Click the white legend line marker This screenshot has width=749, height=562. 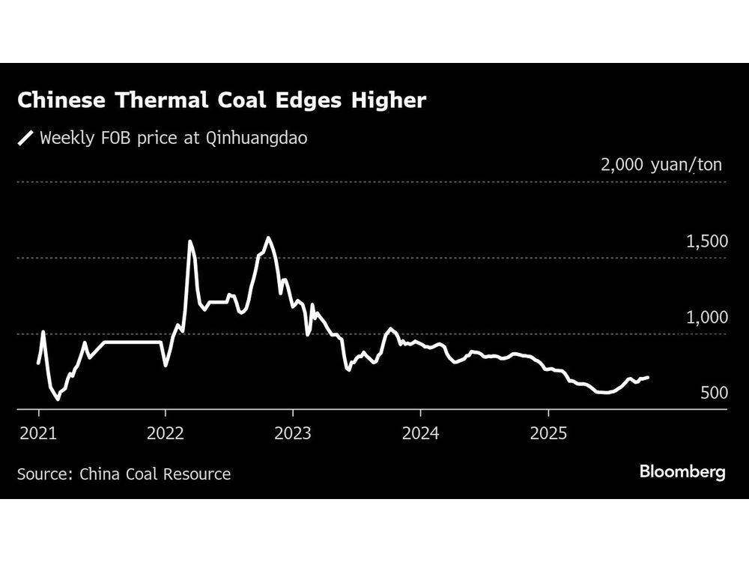point(26,138)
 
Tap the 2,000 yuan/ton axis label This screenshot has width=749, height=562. point(661,165)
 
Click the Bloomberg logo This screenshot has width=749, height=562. point(682,472)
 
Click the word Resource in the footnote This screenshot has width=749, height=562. point(198,474)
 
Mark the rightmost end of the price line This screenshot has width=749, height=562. point(649,378)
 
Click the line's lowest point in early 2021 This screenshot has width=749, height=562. point(58,399)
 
